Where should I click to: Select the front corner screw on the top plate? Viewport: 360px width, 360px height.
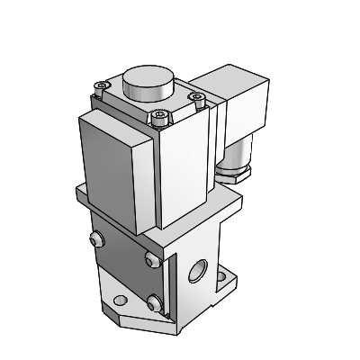161,114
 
